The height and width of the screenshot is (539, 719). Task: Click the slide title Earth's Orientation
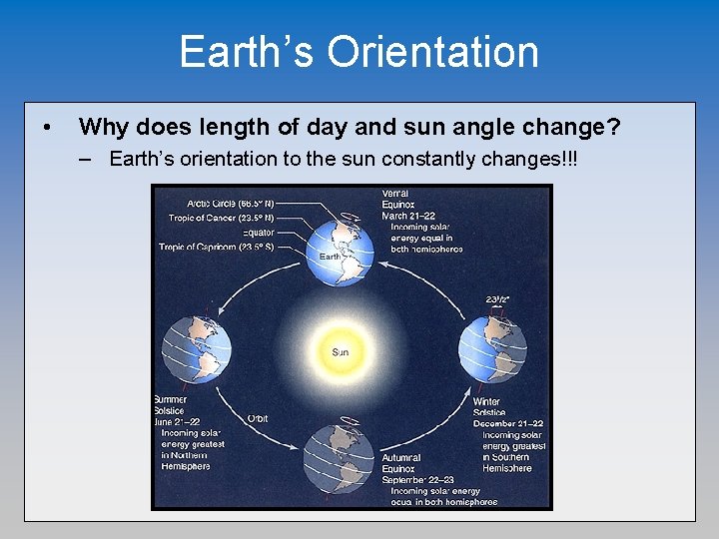pyautogui.click(x=359, y=52)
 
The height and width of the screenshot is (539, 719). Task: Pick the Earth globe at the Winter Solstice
pyautogui.click(x=492, y=346)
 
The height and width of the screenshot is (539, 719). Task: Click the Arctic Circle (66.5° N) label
pyautogui.click(x=221, y=203)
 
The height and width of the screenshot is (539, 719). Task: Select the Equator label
pyautogui.click(x=258, y=233)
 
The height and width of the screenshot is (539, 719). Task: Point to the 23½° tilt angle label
pyautogui.click(x=496, y=297)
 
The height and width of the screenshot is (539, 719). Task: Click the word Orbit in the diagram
pyautogui.click(x=257, y=418)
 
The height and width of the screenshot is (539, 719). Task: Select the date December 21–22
pyautogui.click(x=508, y=423)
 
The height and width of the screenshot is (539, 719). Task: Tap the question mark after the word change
pyautogui.click(x=613, y=127)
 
